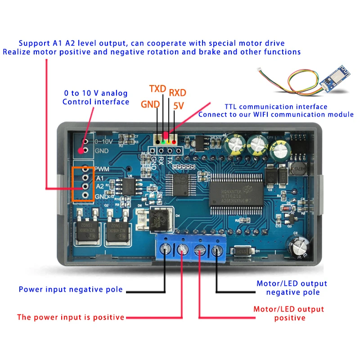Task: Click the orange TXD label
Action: pos(158,88)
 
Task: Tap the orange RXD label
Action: pos(178,93)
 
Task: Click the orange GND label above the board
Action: pos(150,104)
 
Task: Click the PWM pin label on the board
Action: pos(102,169)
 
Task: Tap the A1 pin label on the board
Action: pos(100,178)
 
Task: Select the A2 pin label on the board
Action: pos(100,185)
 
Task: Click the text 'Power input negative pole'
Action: pos(70,289)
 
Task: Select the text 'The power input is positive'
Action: pos(71,317)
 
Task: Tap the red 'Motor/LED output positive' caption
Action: pos(288,314)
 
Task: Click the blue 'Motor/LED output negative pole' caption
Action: pos(292,288)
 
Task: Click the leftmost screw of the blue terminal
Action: pos(165,248)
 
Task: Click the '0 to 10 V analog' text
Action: pos(96,94)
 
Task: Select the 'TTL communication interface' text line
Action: pos(276,107)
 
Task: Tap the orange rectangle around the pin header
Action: pos(83,184)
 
